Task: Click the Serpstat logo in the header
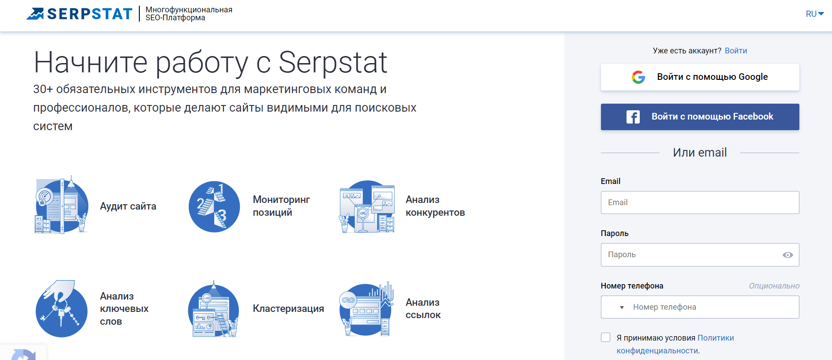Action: (79, 14)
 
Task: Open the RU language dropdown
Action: (815, 14)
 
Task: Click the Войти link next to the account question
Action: (736, 51)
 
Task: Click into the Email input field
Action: (700, 202)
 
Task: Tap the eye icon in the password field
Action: (787, 255)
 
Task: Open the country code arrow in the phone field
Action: (622, 307)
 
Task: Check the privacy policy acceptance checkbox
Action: (606, 337)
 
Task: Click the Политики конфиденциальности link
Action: (675, 344)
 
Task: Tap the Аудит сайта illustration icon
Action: (62, 205)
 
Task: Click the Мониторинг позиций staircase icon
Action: (214, 206)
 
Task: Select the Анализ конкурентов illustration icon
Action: (367, 206)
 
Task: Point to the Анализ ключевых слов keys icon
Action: (62, 308)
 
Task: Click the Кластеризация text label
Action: (288, 309)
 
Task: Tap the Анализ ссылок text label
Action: (423, 308)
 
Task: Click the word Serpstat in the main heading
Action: (333, 63)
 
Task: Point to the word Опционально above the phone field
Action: (774, 286)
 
